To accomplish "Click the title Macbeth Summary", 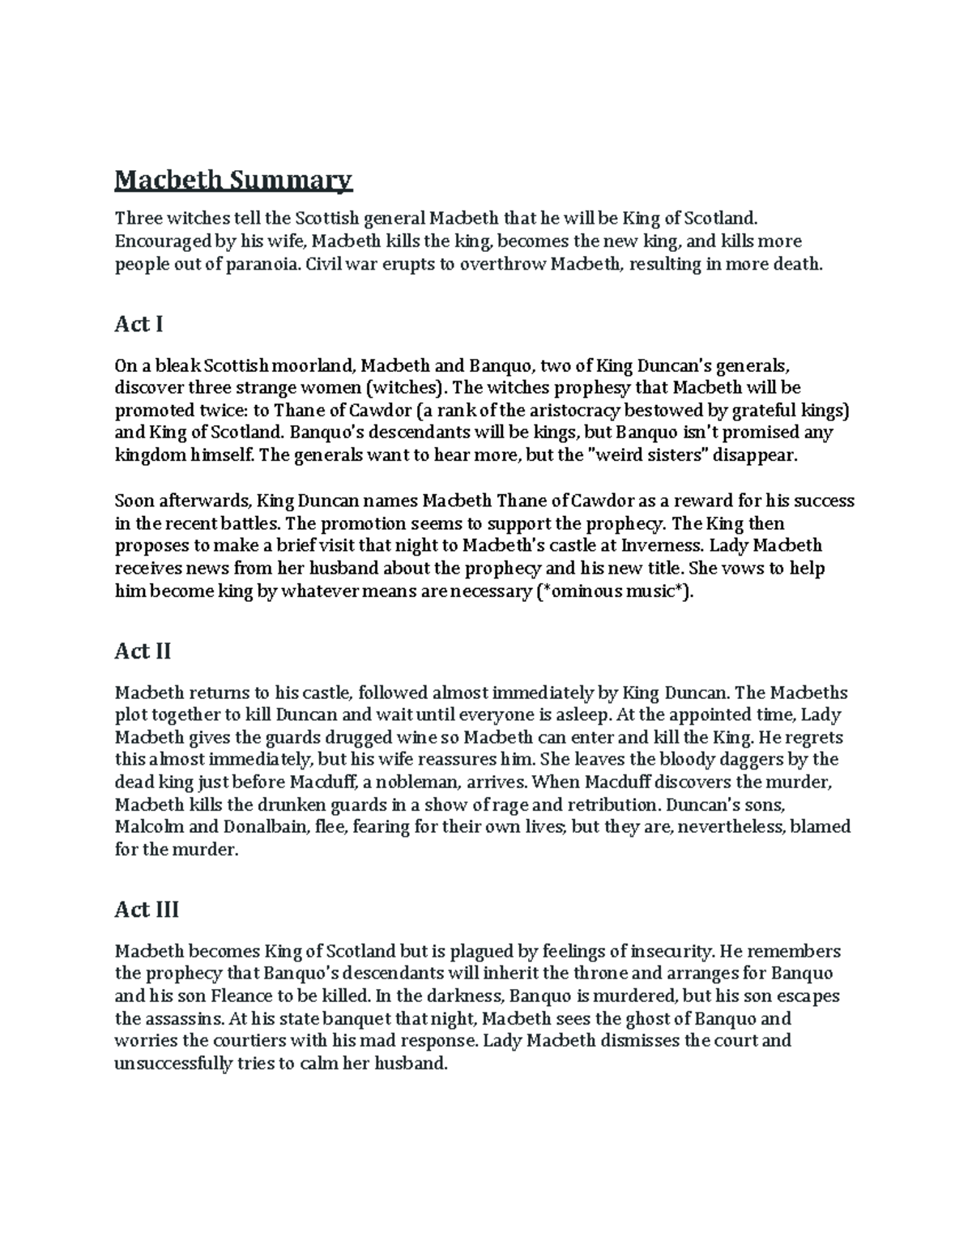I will click(233, 180).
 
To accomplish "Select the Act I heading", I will click(139, 324).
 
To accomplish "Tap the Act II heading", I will click(143, 651).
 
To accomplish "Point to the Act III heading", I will click(147, 910).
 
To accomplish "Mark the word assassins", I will click(185, 1018).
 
